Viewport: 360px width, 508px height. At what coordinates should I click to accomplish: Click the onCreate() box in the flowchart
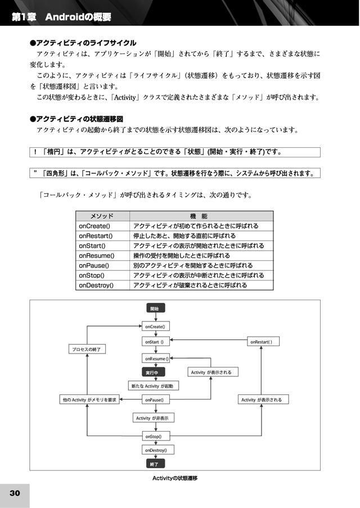[x=156, y=326]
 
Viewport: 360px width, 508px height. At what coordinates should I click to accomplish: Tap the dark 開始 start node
[x=156, y=308]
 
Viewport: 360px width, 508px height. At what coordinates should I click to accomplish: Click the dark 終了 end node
[x=156, y=464]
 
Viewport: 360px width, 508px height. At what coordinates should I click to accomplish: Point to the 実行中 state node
[x=154, y=372]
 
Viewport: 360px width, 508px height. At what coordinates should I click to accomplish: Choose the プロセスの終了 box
[x=87, y=350]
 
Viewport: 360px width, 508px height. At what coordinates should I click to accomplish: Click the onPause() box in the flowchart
[x=156, y=400]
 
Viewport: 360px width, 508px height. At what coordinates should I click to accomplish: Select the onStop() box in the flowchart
[x=156, y=436]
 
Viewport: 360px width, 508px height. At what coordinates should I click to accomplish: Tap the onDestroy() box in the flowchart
[x=158, y=450]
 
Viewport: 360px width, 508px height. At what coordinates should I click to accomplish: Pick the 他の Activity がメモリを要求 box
[x=89, y=400]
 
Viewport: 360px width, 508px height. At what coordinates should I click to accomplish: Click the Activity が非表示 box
[x=154, y=418]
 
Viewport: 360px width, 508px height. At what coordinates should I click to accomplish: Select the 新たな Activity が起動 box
[x=154, y=386]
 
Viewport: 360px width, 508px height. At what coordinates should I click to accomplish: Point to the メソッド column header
[x=102, y=216]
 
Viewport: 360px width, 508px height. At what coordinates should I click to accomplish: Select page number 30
[x=15, y=493]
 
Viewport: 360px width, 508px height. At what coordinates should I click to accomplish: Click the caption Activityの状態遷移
[x=175, y=478]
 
